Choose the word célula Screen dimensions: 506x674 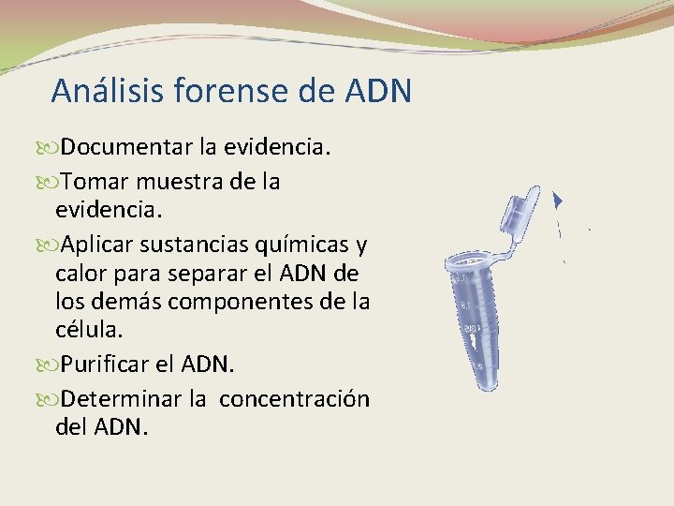pyautogui.click(x=87, y=332)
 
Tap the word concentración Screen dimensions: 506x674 pyautogui.click(x=295, y=398)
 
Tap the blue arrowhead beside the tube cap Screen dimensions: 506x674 pyautogui.click(x=558, y=200)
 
